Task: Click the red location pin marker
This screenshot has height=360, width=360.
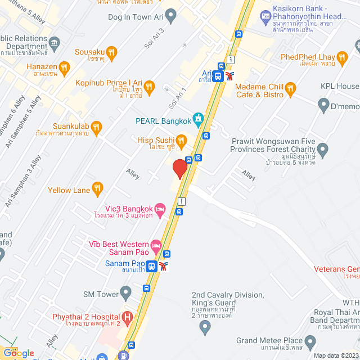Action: coord(179,169)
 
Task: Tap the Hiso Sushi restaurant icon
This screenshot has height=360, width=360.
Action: coord(181,139)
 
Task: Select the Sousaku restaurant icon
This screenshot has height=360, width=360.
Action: coord(112,53)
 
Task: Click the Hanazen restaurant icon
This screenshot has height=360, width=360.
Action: coord(65,68)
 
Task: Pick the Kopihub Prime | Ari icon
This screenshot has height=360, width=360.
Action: coord(149,86)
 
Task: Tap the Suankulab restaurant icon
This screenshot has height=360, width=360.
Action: coord(96,126)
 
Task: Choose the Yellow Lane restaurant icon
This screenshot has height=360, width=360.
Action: coord(97,188)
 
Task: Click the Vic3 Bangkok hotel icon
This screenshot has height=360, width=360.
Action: coord(160,208)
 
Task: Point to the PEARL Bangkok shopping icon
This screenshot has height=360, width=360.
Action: coord(198,119)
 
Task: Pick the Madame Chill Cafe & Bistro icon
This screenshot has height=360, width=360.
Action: coord(290,87)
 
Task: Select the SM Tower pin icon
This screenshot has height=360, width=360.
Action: coord(126,292)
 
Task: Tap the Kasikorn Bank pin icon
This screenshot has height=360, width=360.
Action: coord(266,16)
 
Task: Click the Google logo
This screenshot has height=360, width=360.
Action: coord(19,353)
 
